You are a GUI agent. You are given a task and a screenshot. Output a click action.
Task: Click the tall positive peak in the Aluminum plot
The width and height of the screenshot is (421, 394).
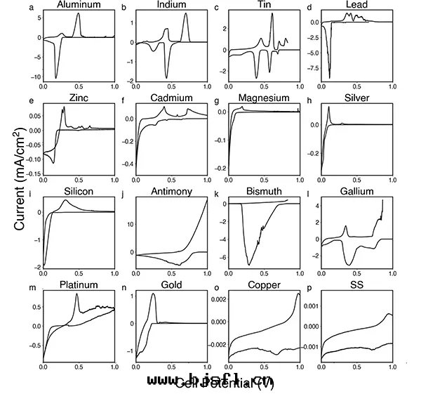[x=79, y=14]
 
